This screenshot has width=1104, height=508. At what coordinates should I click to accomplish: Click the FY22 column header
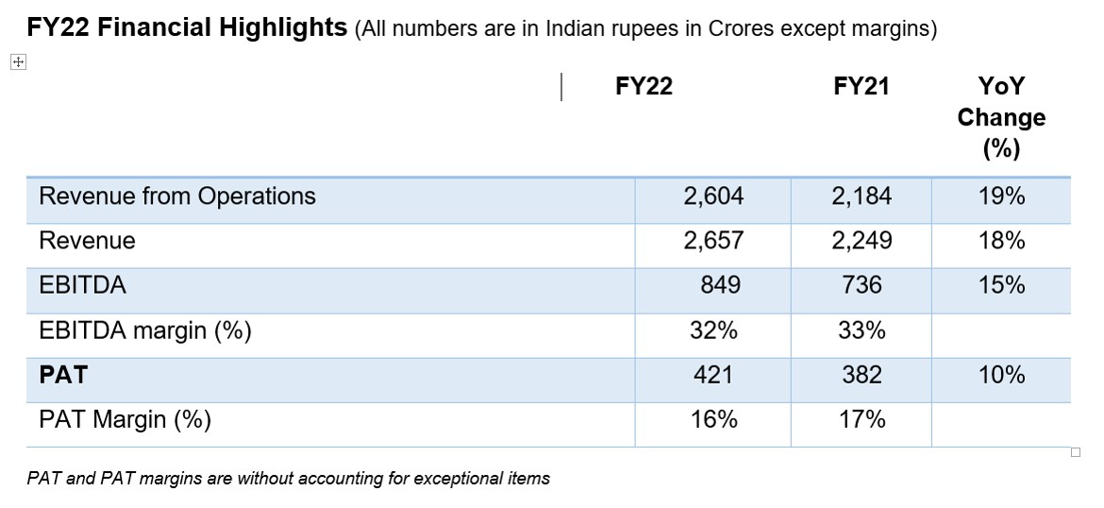[x=644, y=87]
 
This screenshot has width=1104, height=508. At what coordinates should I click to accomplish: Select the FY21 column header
[x=861, y=87]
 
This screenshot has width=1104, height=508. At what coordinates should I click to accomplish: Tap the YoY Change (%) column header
[x=1001, y=117]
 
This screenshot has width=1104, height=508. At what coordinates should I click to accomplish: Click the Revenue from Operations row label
[x=177, y=196]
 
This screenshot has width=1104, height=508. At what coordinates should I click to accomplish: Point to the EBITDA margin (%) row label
[x=145, y=330]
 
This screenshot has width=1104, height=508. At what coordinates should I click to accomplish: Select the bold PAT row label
[x=62, y=375]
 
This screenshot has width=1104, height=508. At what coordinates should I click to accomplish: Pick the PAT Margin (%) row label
[x=125, y=419]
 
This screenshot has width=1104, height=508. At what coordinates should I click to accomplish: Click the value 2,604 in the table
[x=713, y=196]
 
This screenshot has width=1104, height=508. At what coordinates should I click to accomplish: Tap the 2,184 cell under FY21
[x=861, y=196]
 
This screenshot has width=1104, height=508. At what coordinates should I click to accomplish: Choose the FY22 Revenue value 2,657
[x=713, y=241]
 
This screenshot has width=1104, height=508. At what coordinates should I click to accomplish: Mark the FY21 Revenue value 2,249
[x=861, y=241]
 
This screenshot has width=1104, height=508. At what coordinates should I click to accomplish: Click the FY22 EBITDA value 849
[x=720, y=285]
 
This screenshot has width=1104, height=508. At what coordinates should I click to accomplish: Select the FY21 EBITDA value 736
[x=861, y=285]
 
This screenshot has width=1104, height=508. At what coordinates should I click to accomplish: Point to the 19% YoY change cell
[x=1001, y=196]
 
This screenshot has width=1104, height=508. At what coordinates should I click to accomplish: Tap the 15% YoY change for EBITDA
[x=1001, y=285]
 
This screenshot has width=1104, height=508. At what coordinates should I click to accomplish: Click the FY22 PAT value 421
[x=713, y=375]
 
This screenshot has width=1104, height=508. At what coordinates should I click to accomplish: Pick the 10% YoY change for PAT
[x=1001, y=375]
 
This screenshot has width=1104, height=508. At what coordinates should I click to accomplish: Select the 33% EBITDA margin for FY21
[x=861, y=330]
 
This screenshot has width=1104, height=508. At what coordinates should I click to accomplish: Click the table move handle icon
[x=18, y=61]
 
